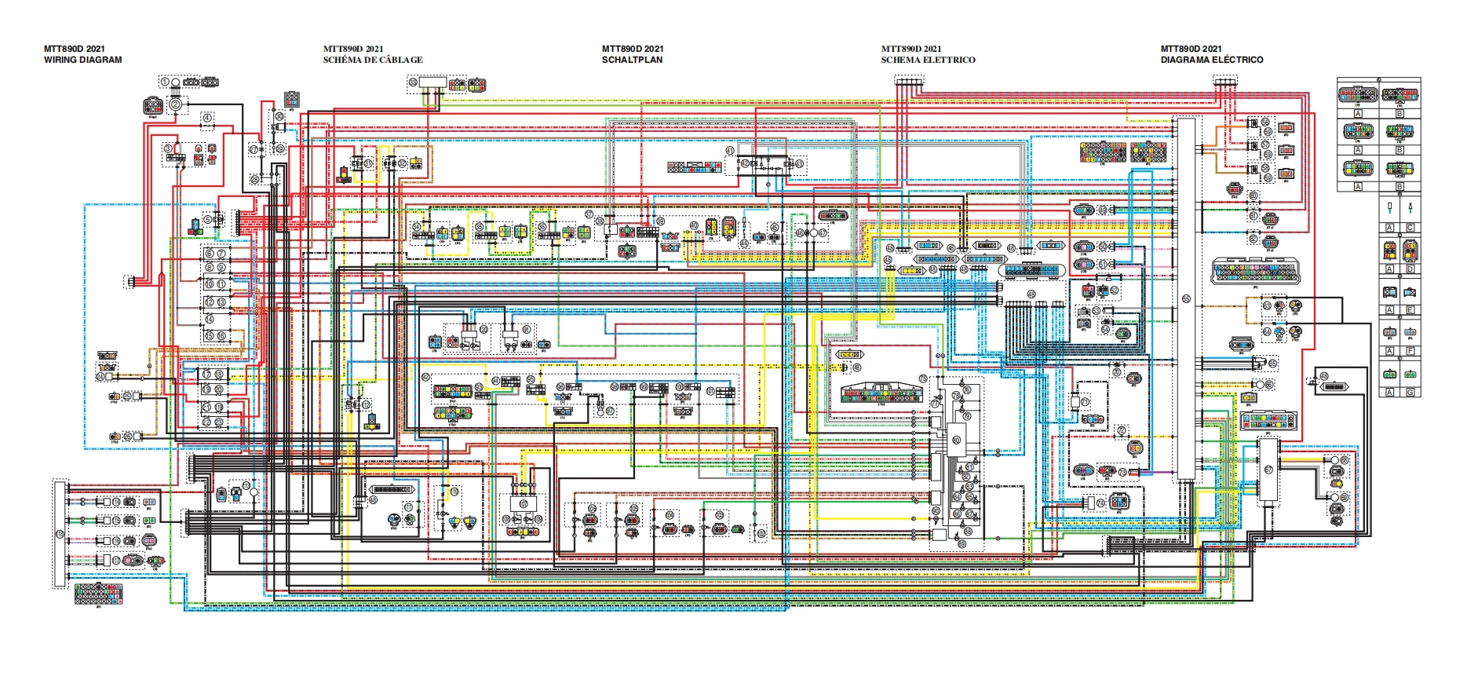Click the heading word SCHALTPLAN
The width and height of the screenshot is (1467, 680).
coord(632,60)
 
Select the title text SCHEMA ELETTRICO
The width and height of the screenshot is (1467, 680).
coord(928,60)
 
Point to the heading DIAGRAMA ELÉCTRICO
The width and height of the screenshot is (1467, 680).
coord(1212,60)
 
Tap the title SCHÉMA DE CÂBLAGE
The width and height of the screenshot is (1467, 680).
coord(373,60)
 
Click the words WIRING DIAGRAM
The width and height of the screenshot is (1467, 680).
coord(82,60)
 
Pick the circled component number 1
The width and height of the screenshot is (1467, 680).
coord(165,82)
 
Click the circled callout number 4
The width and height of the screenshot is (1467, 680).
coord(207,118)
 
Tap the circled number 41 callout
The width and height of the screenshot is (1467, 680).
coord(730,150)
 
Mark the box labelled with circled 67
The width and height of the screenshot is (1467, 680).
coord(1268,470)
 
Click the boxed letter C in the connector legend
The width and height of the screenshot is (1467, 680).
coord(1410,228)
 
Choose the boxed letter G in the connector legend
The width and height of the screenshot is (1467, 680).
coord(1410,392)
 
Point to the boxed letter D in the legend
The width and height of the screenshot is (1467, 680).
coord(1410,269)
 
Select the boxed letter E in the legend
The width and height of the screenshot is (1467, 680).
coord(1410,310)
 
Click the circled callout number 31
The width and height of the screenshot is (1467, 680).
coord(368,163)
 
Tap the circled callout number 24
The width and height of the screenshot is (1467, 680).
coord(100,378)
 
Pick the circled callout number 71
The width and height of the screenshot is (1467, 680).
coord(1085,401)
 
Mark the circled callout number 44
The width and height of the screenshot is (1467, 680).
coord(694,225)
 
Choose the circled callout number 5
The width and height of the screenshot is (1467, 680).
coord(207,220)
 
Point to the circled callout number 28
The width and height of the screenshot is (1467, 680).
coord(254,180)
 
